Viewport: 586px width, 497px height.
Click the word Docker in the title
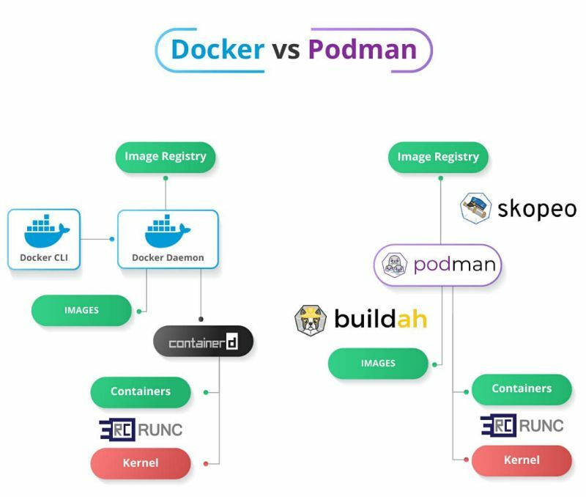tap(217, 49)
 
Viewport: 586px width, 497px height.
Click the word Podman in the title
tap(362, 49)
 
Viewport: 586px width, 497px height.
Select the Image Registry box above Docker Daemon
tap(166, 156)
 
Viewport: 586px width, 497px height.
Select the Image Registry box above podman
tap(438, 157)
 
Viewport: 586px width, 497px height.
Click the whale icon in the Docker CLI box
tap(45, 231)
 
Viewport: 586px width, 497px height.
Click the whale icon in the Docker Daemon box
tap(168, 231)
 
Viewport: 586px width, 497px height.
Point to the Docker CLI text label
tap(44, 257)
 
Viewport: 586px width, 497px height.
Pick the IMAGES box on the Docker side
tap(81, 311)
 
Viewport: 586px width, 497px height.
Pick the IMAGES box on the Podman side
tap(378, 364)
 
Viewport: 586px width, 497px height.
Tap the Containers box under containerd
tap(141, 391)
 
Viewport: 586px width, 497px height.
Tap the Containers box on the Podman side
tap(522, 389)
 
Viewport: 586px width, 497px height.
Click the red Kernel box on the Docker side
tap(141, 463)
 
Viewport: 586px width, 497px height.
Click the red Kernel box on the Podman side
tap(522, 460)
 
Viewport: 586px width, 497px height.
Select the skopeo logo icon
tap(476, 207)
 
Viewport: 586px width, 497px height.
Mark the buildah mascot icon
tap(311, 320)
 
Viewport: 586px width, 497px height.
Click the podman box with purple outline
tap(438, 265)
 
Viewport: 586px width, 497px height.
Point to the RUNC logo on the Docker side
tap(141, 429)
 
